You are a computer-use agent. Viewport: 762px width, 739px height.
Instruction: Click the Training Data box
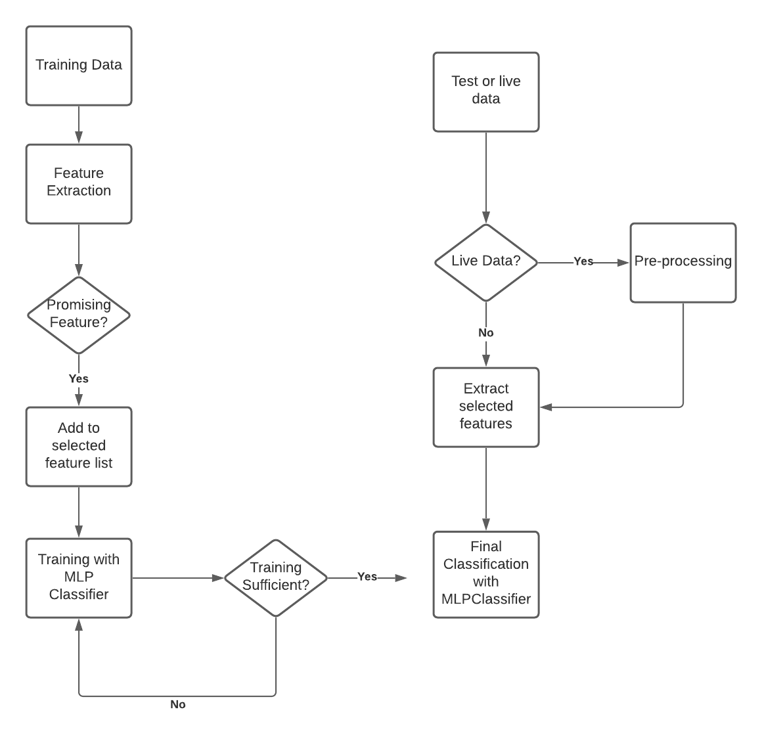point(79,66)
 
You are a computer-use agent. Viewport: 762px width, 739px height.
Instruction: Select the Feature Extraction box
point(79,184)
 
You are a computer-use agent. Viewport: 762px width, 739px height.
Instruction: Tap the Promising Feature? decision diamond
point(79,315)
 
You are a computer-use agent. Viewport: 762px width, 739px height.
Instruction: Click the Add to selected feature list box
point(79,447)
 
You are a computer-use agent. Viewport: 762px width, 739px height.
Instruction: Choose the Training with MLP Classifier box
point(79,578)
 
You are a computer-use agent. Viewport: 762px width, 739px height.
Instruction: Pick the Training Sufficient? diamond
point(276,578)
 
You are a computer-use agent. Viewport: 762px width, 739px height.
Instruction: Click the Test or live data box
point(486,92)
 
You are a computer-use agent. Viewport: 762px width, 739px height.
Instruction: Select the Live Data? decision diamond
point(486,263)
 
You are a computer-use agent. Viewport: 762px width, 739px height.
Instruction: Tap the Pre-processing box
point(683,263)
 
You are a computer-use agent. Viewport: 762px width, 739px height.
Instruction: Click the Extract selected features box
point(486,407)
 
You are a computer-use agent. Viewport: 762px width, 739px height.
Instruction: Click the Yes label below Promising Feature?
point(79,379)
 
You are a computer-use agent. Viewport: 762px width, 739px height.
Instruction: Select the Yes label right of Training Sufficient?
point(367,577)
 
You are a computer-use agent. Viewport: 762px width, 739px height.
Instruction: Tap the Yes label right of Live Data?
point(583,261)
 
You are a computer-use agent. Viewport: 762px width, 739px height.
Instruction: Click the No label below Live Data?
point(486,333)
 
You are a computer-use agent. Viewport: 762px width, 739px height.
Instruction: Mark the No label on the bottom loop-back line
point(178,705)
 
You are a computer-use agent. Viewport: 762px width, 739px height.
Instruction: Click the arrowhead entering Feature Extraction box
point(79,137)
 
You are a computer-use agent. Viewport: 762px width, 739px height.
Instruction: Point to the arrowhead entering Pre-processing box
point(623,263)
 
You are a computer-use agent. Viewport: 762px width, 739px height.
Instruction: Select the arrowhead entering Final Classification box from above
point(486,524)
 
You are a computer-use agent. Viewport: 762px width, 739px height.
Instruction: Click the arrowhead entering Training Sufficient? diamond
point(217,578)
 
